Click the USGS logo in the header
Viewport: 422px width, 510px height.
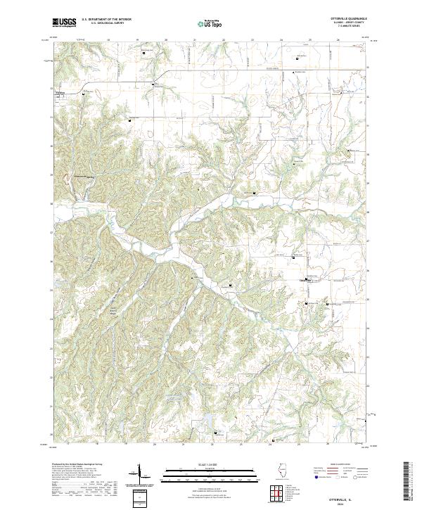click(x=64, y=23)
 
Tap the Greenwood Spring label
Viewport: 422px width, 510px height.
click(x=83, y=177)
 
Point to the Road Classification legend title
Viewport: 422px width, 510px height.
click(x=335, y=466)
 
